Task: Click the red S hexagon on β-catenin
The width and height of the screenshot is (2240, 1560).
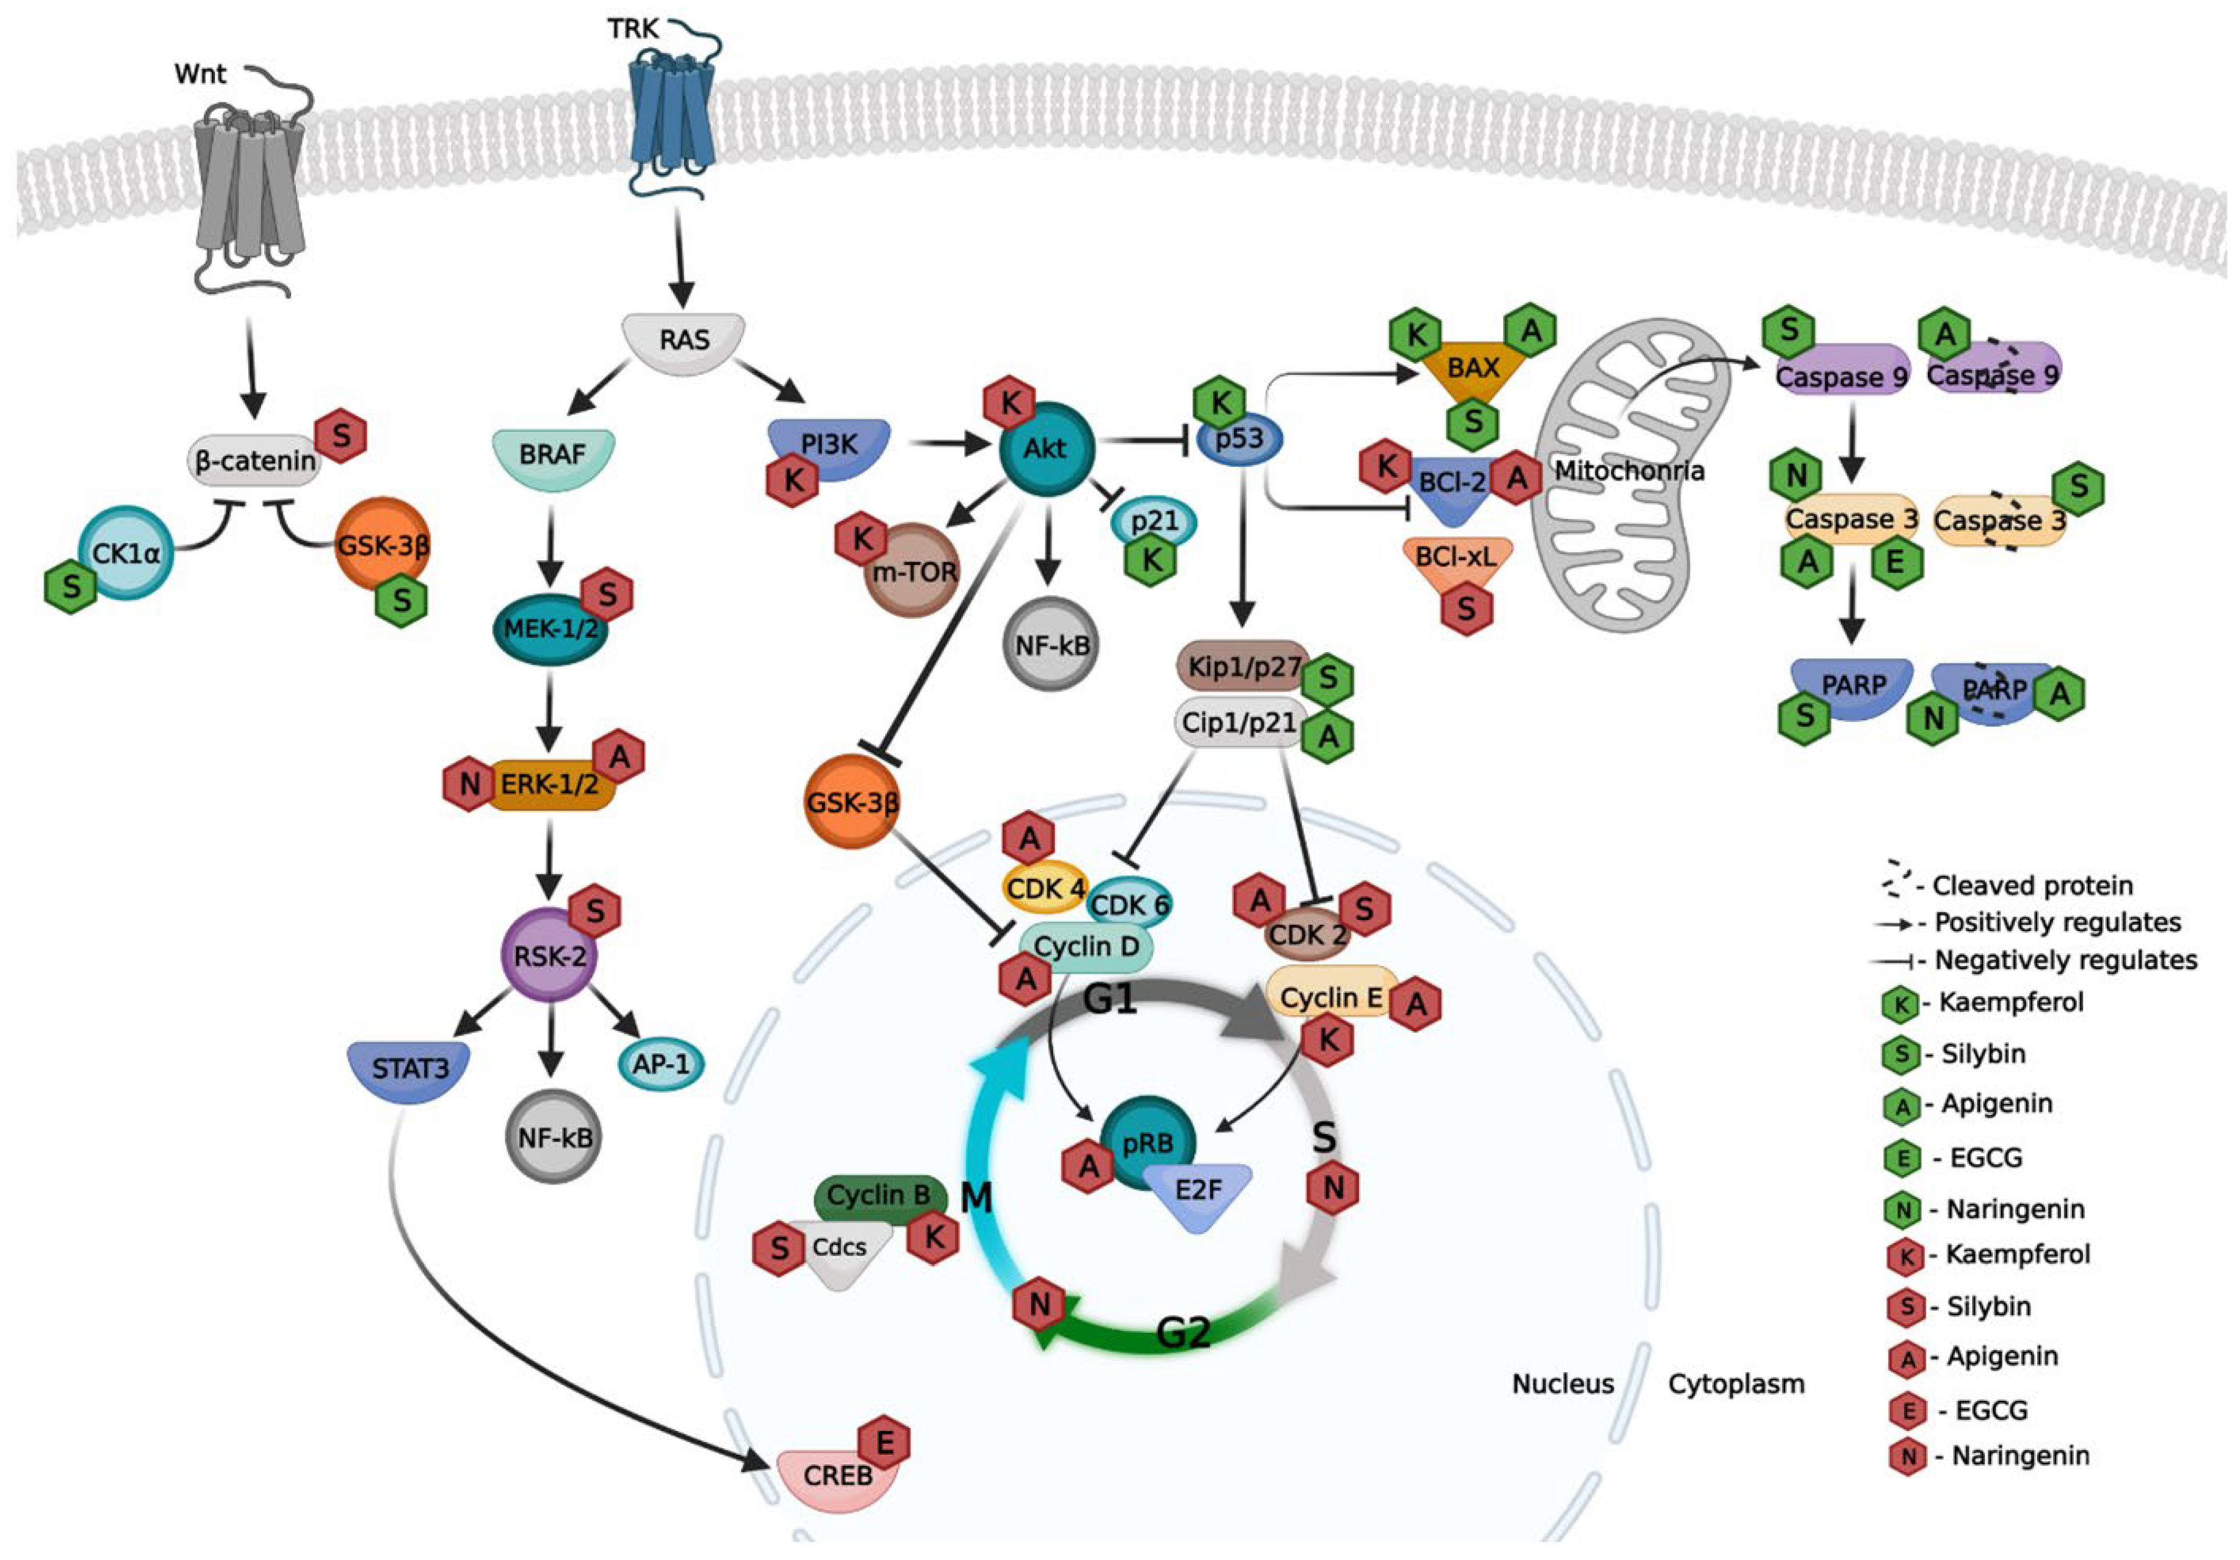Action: coord(341,436)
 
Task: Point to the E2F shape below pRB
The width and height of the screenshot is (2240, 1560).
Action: coord(1198,1192)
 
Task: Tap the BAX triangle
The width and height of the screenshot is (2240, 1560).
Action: coord(1473,371)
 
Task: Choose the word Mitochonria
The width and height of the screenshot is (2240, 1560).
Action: coord(1629,471)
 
